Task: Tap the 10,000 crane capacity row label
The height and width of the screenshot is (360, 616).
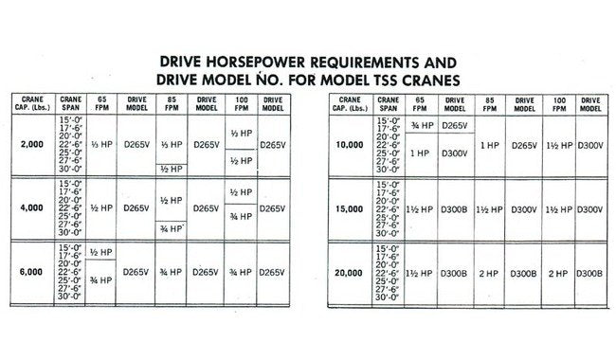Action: click(x=352, y=144)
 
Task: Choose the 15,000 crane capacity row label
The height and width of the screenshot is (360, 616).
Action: click(x=352, y=207)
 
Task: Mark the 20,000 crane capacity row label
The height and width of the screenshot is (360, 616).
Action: click(x=352, y=272)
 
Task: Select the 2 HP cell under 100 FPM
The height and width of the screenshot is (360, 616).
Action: click(x=555, y=272)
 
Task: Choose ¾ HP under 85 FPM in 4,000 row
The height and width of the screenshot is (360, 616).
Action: click(x=172, y=228)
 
